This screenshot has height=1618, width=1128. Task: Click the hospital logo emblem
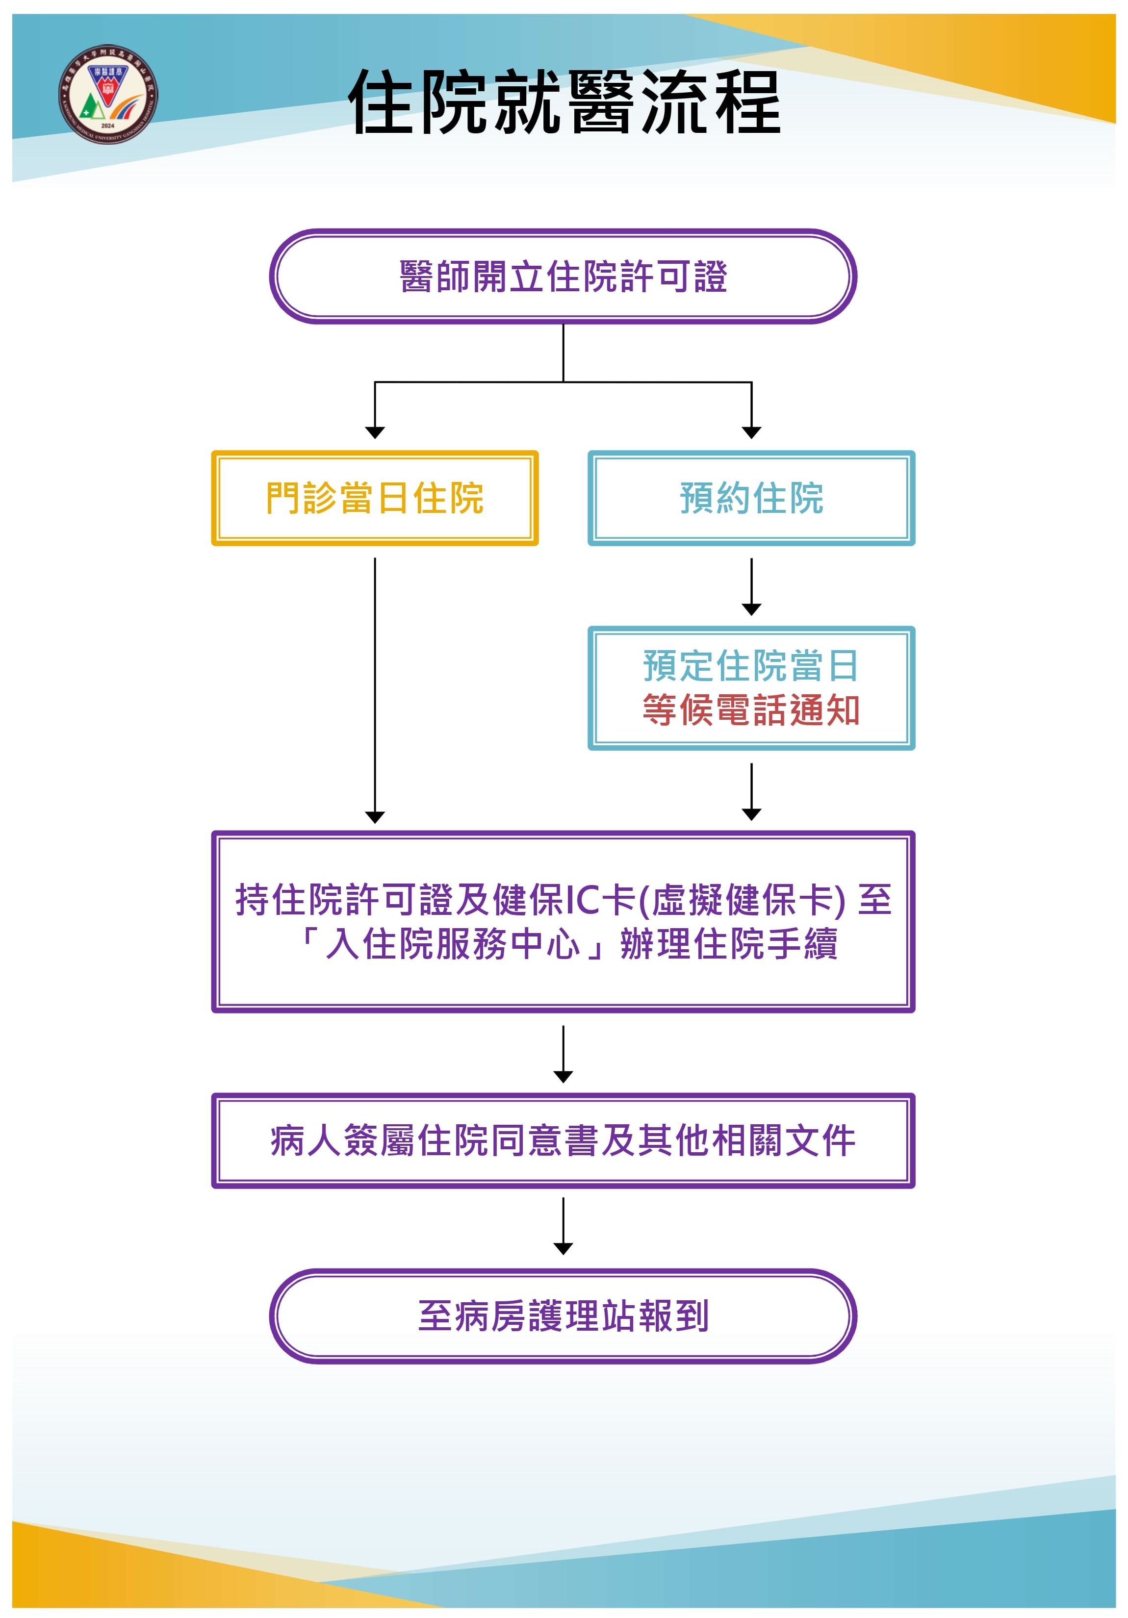coord(108,94)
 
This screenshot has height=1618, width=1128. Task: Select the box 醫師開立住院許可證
coord(563,276)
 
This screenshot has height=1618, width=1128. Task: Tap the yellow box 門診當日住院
coord(374,498)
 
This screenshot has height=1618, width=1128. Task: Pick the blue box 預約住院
coord(751,498)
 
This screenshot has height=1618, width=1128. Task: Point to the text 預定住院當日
coord(751,666)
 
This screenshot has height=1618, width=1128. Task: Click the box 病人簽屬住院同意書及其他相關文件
coord(563,1140)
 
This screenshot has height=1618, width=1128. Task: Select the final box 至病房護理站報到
coord(563,1315)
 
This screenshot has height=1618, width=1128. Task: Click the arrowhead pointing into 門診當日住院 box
coord(374,432)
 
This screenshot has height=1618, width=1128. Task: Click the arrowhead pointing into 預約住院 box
coord(751,432)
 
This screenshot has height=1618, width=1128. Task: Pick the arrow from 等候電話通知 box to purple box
coord(751,791)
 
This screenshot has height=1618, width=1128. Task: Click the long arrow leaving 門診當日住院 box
coord(374,691)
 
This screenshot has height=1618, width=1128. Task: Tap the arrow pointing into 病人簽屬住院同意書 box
coord(563,1054)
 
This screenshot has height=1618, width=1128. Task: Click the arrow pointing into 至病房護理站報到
coord(563,1226)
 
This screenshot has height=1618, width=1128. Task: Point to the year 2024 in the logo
coord(108,126)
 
